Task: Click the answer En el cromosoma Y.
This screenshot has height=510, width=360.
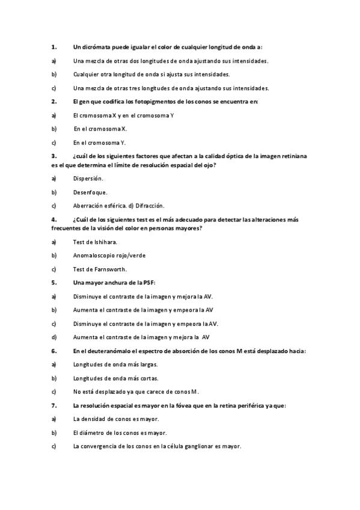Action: click(99, 143)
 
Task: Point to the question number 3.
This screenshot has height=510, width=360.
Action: click(54, 156)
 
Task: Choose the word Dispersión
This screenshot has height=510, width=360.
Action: click(88, 178)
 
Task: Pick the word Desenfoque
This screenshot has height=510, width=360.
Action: click(90, 192)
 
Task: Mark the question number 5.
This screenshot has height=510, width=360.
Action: click(54, 282)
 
